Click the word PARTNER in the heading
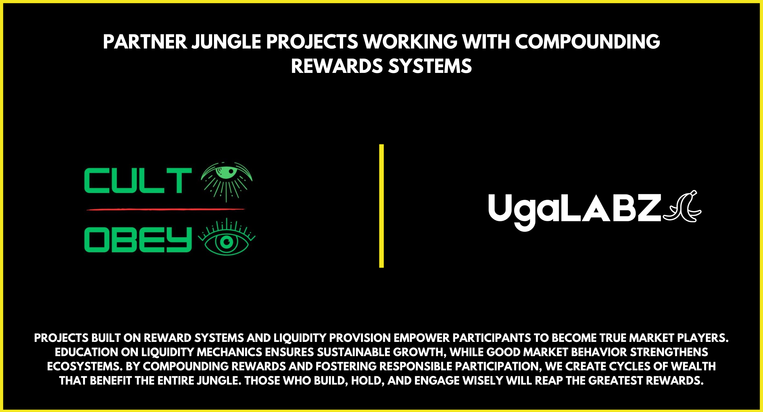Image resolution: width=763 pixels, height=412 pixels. [145, 42]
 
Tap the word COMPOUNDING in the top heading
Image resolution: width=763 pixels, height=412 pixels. [588, 42]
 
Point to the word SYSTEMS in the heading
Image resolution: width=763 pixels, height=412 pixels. [430, 66]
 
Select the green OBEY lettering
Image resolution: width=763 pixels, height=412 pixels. [138, 240]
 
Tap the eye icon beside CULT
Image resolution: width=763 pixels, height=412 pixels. [227, 181]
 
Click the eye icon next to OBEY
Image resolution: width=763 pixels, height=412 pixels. [227, 237]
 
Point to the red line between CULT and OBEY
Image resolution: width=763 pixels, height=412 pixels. [165, 209]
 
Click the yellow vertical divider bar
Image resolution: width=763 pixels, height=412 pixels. [381, 206]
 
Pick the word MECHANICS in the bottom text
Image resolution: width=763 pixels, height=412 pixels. [229, 352]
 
